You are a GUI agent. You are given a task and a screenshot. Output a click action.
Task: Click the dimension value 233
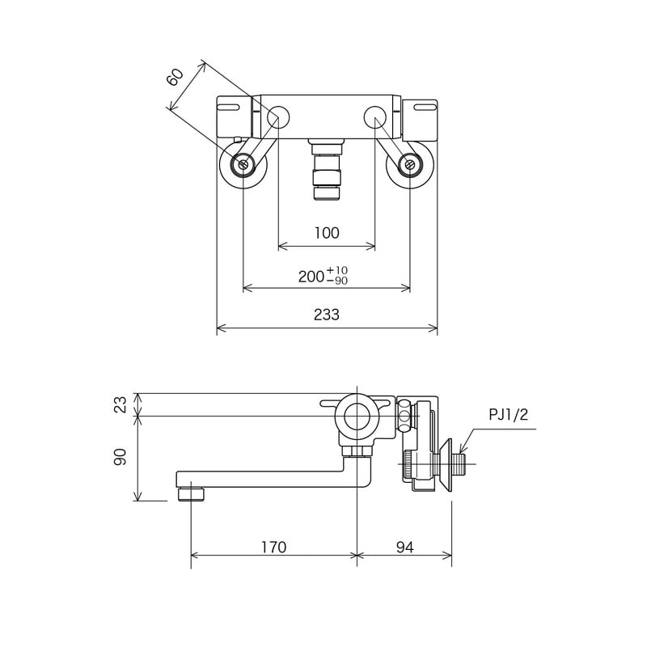click(x=326, y=315)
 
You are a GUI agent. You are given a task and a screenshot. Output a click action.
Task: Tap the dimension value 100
click(x=326, y=233)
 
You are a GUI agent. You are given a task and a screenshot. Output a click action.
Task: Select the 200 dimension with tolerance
click(x=323, y=276)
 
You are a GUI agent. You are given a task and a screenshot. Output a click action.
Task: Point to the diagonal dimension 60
click(x=175, y=77)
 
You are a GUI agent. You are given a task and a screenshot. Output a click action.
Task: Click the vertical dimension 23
click(x=121, y=404)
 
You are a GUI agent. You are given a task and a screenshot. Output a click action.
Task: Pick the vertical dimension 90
click(x=121, y=457)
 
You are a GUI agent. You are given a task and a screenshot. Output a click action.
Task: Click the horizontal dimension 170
click(x=273, y=548)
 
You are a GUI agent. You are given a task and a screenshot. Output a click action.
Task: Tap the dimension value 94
click(x=405, y=548)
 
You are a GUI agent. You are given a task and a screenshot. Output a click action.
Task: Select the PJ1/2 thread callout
click(x=509, y=415)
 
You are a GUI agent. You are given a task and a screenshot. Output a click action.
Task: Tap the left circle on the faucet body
click(x=277, y=117)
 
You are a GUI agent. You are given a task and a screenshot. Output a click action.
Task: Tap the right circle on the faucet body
click(x=375, y=117)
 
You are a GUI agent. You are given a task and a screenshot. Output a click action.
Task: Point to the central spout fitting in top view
click(x=327, y=170)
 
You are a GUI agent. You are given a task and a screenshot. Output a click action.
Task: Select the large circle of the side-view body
click(x=356, y=417)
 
